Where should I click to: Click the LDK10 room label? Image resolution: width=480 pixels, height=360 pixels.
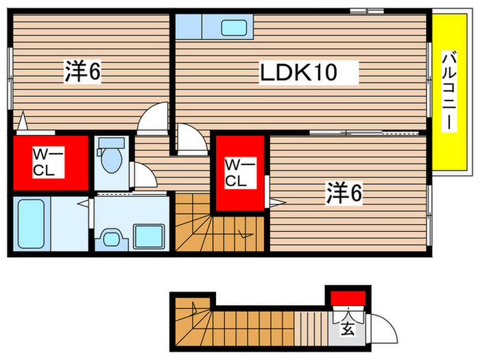pos(298,71)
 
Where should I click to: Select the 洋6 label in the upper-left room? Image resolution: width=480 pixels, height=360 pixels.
pos(83,71)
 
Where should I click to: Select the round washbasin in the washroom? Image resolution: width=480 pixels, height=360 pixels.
pos(109,238)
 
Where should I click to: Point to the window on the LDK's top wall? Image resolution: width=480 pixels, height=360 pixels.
pos(366,10)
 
